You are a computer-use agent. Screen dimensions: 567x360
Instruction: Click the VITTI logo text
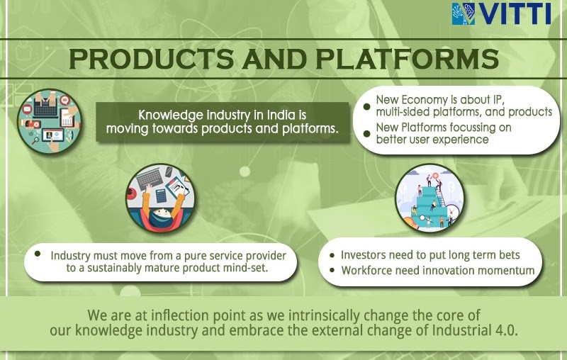click(515, 13)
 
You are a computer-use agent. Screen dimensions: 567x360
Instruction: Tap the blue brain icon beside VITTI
click(464, 13)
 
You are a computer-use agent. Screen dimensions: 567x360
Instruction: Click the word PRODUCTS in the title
click(152, 59)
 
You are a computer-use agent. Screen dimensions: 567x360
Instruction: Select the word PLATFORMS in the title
click(408, 59)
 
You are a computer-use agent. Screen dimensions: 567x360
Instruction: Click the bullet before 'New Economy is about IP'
click(366, 106)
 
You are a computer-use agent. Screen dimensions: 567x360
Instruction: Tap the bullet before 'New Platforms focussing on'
click(366, 134)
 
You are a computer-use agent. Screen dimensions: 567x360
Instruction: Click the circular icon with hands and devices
click(49, 121)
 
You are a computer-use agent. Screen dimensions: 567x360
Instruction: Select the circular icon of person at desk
click(160, 198)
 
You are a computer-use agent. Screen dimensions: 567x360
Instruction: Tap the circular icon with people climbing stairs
click(430, 198)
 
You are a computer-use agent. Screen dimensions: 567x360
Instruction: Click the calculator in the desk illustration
click(162, 196)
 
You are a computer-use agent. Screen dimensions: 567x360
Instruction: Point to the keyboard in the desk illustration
click(149, 178)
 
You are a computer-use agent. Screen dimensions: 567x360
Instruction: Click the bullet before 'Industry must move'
click(38, 254)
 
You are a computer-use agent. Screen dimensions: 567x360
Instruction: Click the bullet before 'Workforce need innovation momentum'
click(332, 271)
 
